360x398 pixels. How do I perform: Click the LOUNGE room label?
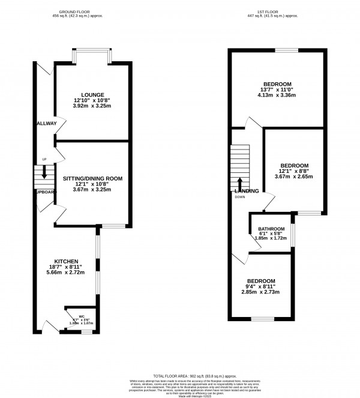[x=92, y=94]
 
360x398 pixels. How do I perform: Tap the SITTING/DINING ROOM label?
[x=92, y=178]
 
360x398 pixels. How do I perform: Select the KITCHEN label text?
[x=67, y=261]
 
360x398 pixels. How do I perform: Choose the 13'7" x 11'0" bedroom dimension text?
[x=277, y=89]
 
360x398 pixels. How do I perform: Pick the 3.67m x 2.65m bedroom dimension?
[x=295, y=176]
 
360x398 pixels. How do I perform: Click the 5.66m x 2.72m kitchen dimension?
[x=67, y=272]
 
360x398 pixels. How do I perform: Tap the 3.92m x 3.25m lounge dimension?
[x=92, y=105]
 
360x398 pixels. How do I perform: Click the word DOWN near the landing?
[x=240, y=197]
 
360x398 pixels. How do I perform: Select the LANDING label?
[x=247, y=191]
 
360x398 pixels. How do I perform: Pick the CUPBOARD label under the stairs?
[x=46, y=192]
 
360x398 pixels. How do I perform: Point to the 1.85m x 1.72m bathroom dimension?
[x=271, y=238]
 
